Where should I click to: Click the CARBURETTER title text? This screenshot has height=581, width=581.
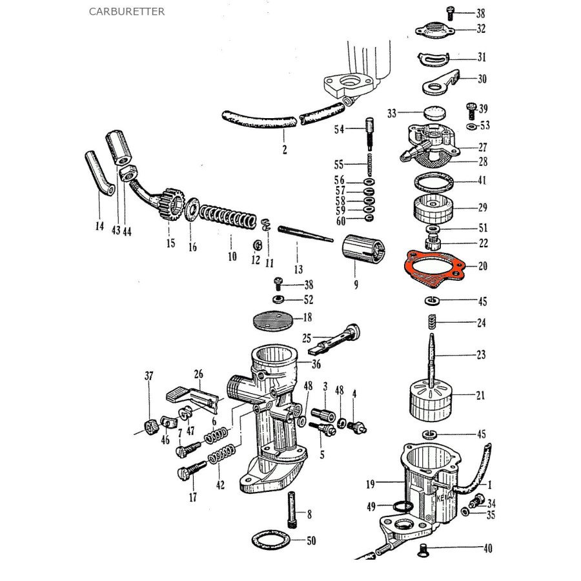pyautogui.click(x=127, y=12)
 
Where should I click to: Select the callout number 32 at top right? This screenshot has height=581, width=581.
pyautogui.click(x=481, y=29)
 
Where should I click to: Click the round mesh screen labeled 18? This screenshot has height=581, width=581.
pyautogui.click(x=271, y=319)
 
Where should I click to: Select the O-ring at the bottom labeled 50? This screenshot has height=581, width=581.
pyautogui.click(x=274, y=538)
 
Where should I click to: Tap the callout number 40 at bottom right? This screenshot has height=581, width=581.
pyautogui.click(x=487, y=549)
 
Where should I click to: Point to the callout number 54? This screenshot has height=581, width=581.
pyautogui.click(x=339, y=130)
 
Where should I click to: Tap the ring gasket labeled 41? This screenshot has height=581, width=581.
pyautogui.click(x=433, y=181)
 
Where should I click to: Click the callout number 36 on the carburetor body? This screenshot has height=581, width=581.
pyautogui.click(x=316, y=364)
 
